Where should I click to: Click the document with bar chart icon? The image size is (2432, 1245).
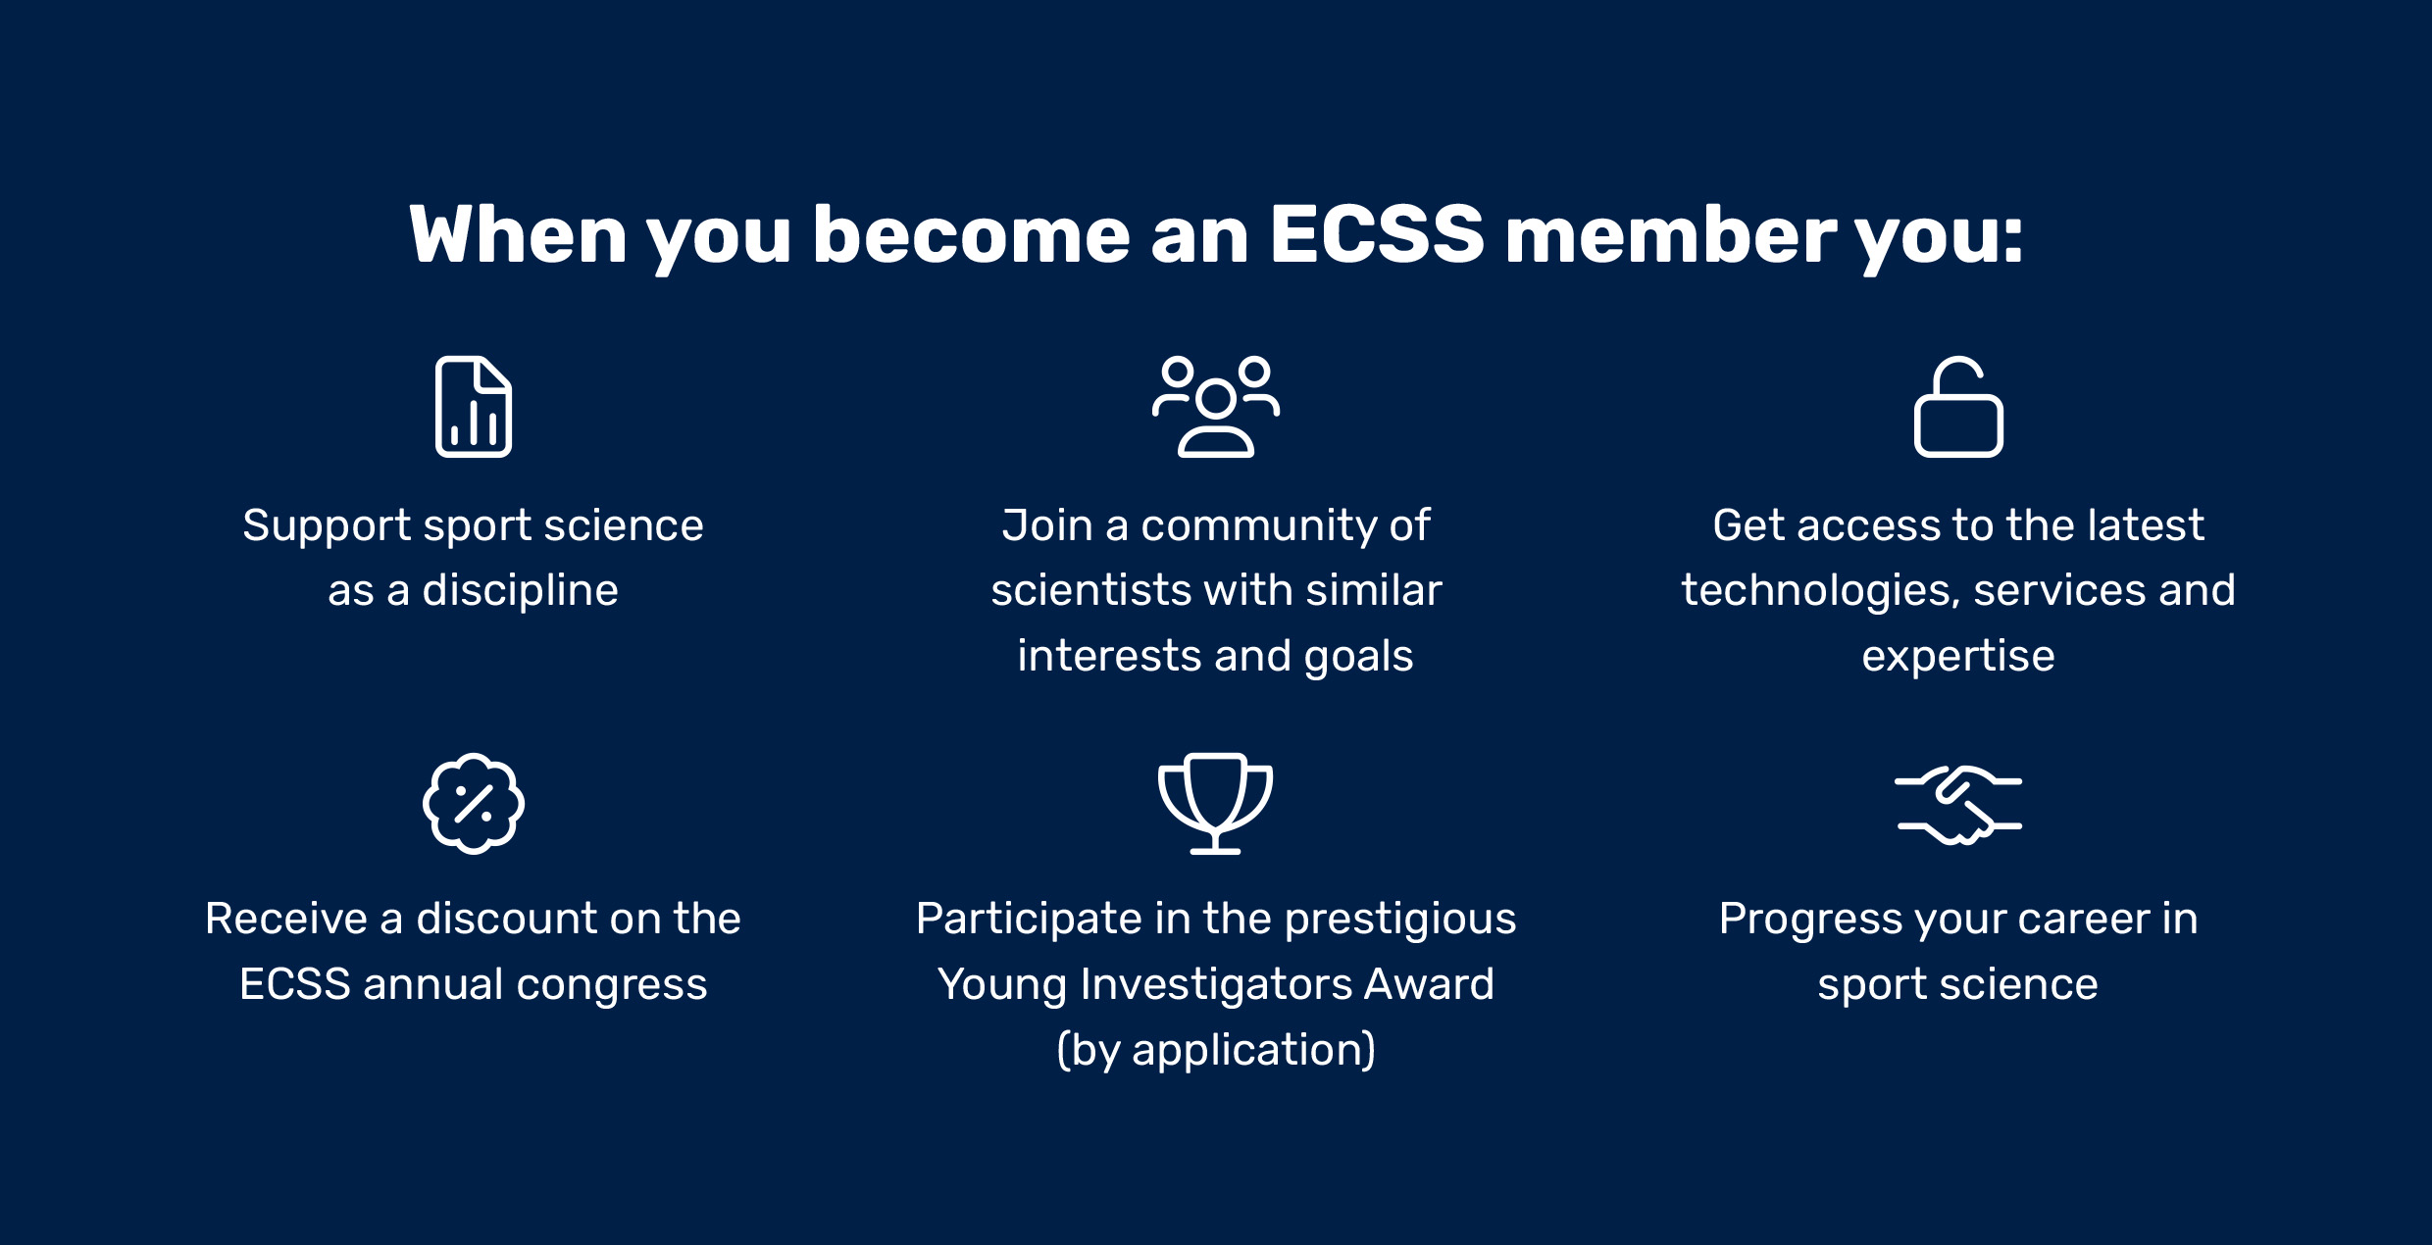coord(474,407)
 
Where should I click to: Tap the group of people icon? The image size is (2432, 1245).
coord(1216,407)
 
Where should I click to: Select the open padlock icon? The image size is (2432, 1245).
coord(1958,407)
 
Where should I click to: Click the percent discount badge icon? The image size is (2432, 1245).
coord(474,804)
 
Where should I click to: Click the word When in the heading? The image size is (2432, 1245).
coord(518,235)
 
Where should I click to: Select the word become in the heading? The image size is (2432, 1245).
coord(972,235)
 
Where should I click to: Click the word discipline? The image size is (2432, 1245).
coord(521,591)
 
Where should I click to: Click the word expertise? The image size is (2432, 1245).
coord(1958,657)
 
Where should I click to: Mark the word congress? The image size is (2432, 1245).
coord(612,985)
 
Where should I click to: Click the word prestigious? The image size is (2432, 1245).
coord(1400,920)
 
